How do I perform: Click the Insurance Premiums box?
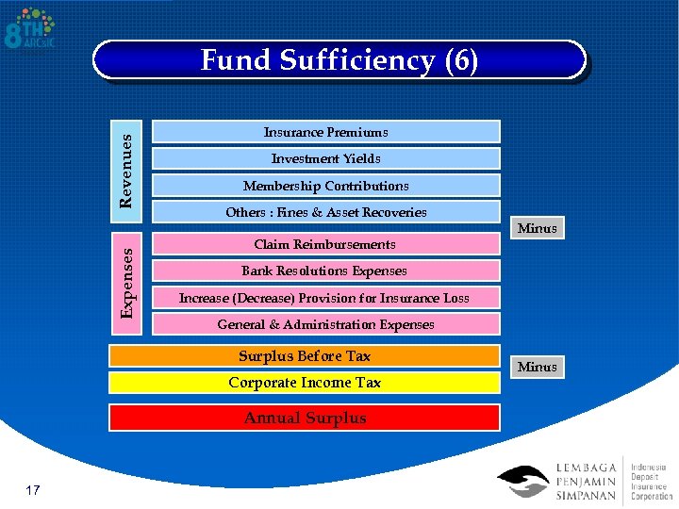[325, 132]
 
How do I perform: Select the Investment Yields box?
[325, 158]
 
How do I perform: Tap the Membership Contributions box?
[325, 186]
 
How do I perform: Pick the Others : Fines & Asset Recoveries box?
[325, 212]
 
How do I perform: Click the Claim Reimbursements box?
[325, 244]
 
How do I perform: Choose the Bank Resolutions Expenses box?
[325, 271]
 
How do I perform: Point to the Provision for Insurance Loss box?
[325, 298]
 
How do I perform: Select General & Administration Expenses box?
[325, 324]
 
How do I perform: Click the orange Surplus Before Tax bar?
[305, 356]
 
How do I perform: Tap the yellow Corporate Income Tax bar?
[305, 383]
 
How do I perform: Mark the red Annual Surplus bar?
[305, 418]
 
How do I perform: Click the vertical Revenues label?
[127, 164]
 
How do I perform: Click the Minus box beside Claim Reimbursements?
[538, 228]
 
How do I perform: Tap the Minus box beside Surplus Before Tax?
[538, 367]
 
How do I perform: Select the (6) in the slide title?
[460, 61]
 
